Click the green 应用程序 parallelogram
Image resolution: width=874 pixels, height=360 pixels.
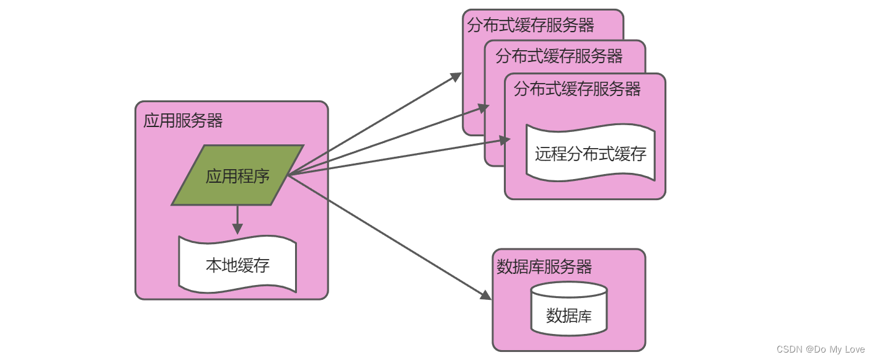click(237, 175)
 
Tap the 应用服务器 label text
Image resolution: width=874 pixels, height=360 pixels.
click(183, 120)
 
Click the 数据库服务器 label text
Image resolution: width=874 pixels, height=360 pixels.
click(545, 267)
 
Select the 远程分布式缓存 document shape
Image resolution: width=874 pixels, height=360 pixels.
click(590, 153)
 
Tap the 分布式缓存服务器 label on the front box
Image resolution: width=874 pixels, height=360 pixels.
click(577, 89)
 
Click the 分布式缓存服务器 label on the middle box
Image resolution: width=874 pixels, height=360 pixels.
click(559, 56)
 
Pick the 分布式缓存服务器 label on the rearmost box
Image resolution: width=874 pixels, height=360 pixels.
click(531, 25)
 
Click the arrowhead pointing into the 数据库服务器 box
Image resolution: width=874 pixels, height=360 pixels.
click(486, 296)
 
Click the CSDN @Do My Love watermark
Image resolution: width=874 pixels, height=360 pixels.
click(820, 349)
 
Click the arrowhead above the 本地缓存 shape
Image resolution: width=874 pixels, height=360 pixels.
click(237, 229)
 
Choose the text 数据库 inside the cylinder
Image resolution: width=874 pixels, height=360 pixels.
click(568, 316)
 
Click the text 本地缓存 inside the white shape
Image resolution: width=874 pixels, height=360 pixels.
click(237, 266)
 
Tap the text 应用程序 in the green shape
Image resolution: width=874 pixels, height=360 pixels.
click(237, 176)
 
